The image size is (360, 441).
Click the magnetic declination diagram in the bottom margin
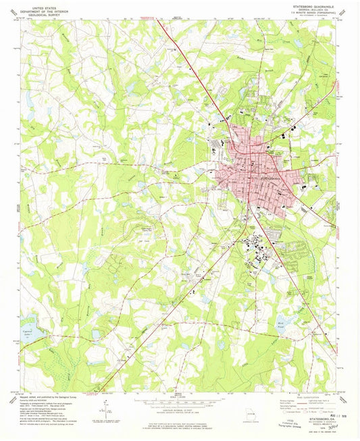(x=108, y=408)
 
